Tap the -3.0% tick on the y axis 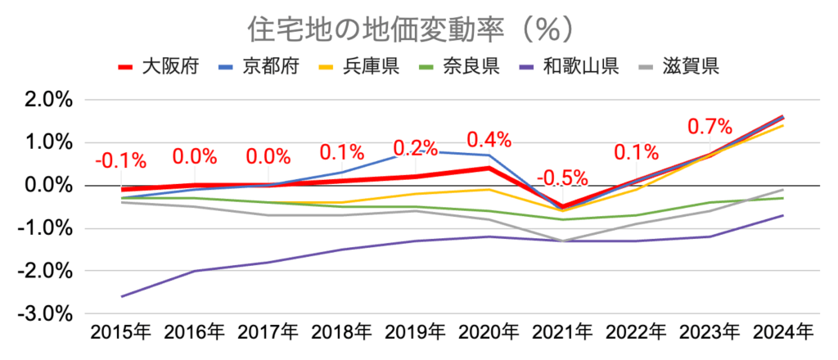pyautogui.click(x=47, y=314)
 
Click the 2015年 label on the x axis pyautogui.click(x=121, y=334)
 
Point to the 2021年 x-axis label pyautogui.click(x=562, y=334)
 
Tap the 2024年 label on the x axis pyautogui.click(x=783, y=334)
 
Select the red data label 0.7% pyautogui.click(x=710, y=127)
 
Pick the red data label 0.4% pyautogui.click(x=489, y=139)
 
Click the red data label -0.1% pyautogui.click(x=121, y=160)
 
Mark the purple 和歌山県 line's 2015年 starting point pyautogui.click(x=121, y=296)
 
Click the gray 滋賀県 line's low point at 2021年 pyautogui.click(x=562, y=241)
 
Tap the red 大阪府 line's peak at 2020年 pyautogui.click(x=489, y=168)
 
